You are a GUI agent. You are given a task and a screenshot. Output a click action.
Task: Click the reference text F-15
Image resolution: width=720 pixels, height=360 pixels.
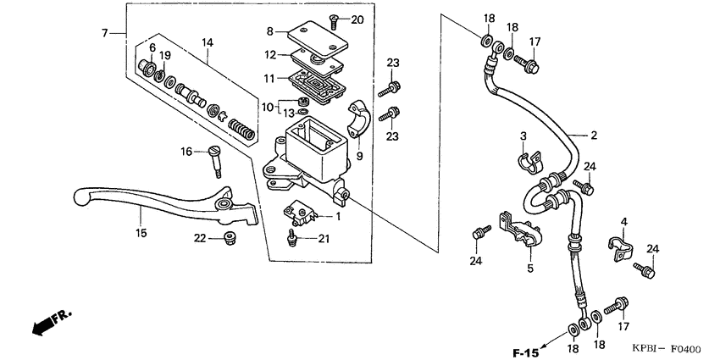tap(525, 352)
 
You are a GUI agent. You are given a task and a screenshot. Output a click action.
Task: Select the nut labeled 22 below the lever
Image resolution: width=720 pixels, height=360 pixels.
tap(226, 237)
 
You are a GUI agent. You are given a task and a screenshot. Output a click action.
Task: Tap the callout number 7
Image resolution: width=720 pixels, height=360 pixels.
tap(105, 33)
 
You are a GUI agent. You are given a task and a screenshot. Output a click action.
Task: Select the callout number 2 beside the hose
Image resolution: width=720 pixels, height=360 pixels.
tap(594, 135)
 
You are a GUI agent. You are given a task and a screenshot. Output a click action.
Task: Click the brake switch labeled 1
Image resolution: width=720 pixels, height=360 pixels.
tap(298, 213)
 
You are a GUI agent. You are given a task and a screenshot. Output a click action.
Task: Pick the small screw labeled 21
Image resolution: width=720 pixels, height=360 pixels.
tap(294, 241)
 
